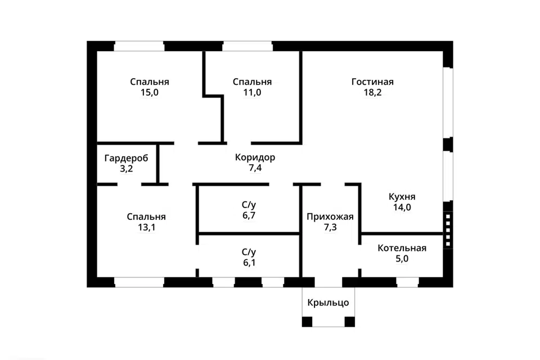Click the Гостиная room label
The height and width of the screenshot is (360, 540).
click(x=372, y=82)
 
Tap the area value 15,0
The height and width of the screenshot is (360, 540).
click(x=150, y=92)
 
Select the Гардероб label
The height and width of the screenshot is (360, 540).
click(x=127, y=159)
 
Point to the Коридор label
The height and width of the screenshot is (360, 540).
click(x=255, y=157)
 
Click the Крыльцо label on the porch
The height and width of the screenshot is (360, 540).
click(x=328, y=303)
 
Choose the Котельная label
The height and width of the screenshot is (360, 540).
click(x=402, y=248)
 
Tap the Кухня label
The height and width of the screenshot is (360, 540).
click(x=402, y=197)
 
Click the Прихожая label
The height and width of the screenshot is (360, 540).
click(x=330, y=217)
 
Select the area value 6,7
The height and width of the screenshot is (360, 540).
click(x=249, y=215)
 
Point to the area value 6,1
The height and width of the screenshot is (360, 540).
click(x=249, y=263)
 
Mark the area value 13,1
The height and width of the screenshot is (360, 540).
click(x=147, y=227)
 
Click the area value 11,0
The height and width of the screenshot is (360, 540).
click(x=252, y=92)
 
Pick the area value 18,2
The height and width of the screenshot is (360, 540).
click(x=372, y=92)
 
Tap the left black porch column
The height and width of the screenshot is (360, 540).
click(x=307, y=322)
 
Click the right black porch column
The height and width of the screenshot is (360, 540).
click(x=350, y=322)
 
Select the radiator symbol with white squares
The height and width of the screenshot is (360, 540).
click(x=448, y=230)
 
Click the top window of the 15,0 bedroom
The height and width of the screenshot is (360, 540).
click(x=139, y=46)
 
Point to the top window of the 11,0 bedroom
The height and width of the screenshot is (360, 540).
click(x=247, y=46)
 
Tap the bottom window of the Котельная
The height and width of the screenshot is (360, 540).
click(x=407, y=282)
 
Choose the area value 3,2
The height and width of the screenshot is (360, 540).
click(x=127, y=169)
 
